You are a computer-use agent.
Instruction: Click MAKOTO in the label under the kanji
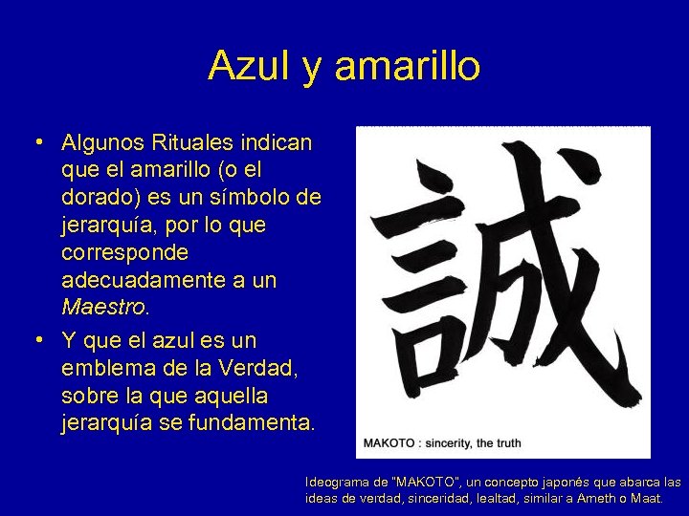389,443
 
